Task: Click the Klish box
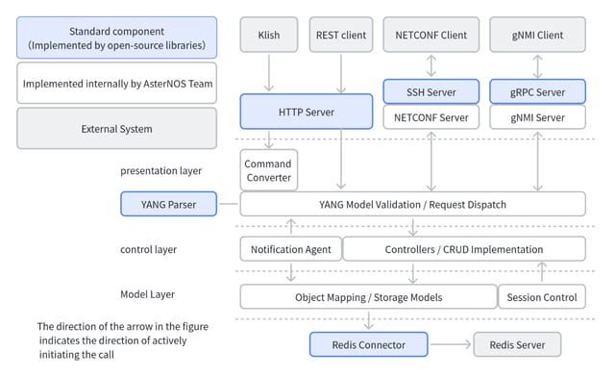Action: [x=269, y=35]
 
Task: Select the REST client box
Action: [x=341, y=35]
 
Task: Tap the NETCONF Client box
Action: [x=431, y=35]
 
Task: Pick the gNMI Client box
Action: [x=537, y=35]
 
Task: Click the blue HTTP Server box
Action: [x=307, y=112]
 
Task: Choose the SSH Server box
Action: [x=431, y=92]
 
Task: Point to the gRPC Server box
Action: [x=537, y=92]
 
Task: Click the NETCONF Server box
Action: [x=431, y=117]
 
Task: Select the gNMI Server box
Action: [x=537, y=117]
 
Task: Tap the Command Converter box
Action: [x=269, y=170]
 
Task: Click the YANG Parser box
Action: [x=169, y=204]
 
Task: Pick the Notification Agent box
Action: [x=290, y=249]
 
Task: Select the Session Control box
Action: [x=542, y=297]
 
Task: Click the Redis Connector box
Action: [x=368, y=344]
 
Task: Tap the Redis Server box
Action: [x=517, y=344]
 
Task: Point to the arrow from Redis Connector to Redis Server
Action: [x=451, y=344]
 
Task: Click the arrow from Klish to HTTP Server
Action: [x=269, y=73]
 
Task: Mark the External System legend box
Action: [x=116, y=129]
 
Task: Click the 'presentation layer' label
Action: [x=160, y=171]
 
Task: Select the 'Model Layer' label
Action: [x=147, y=294]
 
